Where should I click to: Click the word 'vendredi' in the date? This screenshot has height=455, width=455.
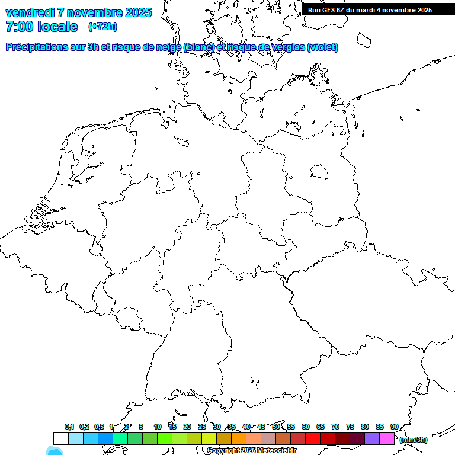[30, 12]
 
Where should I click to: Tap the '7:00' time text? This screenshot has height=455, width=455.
[20, 27]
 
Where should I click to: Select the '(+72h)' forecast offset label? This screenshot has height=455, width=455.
[102, 27]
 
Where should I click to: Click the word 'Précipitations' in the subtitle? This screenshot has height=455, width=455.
[41, 47]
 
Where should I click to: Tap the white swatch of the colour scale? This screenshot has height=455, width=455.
[60, 439]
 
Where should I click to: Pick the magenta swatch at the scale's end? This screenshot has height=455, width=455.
[387, 439]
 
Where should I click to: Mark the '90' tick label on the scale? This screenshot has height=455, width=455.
[394, 427]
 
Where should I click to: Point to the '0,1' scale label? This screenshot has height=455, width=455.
[69, 427]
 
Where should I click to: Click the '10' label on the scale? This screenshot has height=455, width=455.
[158, 427]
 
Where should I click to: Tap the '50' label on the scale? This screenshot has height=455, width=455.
[276, 427]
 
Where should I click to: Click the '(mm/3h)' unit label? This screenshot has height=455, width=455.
[414, 440]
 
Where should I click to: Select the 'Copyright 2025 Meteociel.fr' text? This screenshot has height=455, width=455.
[251, 451]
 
